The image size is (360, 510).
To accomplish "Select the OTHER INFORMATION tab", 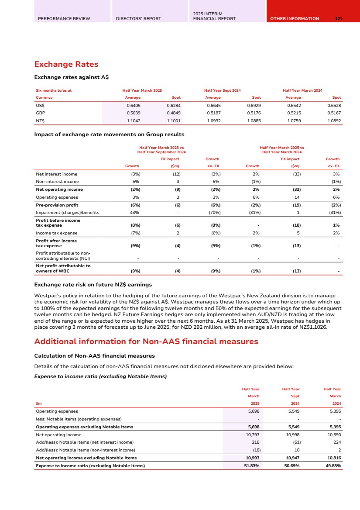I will coord(295,19).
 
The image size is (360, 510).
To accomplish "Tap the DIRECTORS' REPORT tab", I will coord(138,19).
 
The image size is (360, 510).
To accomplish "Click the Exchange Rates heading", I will coord(66,65).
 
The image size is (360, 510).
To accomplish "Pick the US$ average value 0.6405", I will coord(132,105).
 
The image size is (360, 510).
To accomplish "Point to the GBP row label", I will coord(40,112).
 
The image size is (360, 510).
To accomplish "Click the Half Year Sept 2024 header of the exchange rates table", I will coord(222,90).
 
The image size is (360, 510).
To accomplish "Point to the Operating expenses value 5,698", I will coord(253,411).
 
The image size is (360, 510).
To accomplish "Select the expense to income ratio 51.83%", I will coord(251,465).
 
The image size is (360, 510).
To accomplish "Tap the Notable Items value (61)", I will coord(294,442).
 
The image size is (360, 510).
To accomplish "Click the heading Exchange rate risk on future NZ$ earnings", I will coord(93,285).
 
